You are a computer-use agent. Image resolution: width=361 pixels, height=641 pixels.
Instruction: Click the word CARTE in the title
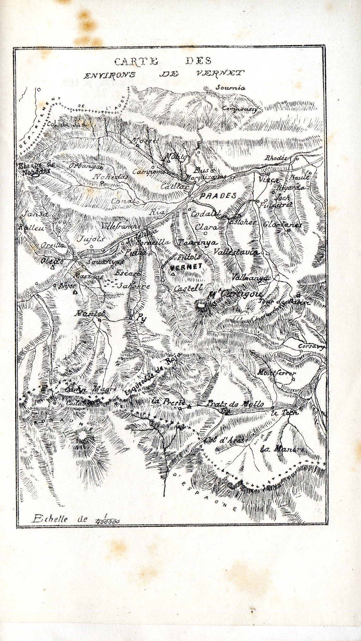tap(136, 61)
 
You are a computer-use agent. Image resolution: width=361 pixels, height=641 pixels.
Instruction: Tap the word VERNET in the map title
tap(220, 74)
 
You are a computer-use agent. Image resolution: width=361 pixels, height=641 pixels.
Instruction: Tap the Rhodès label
tap(276, 158)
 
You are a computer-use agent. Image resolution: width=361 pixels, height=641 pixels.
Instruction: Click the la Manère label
tap(282, 448)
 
